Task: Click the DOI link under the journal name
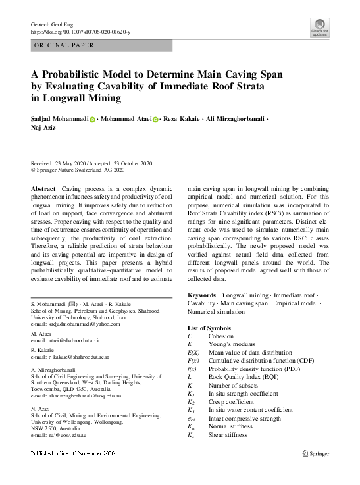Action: coord(80,32)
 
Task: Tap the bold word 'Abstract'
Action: coord(43,189)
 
